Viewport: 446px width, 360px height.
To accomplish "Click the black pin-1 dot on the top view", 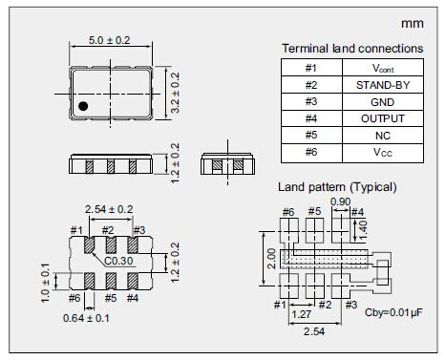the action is tap(83, 106).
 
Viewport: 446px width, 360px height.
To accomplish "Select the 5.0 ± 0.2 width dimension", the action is tap(110, 40).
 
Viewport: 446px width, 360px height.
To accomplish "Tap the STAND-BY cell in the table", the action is tap(383, 85).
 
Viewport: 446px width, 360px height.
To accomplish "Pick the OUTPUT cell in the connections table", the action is tap(383, 118).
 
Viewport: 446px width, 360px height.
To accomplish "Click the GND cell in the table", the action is tap(383, 102).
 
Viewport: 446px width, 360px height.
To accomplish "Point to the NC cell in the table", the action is tap(383, 136).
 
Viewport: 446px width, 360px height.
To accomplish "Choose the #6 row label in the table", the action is tap(311, 152).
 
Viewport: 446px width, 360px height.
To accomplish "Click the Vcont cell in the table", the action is tap(383, 68).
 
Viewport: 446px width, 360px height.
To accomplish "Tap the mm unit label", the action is tap(413, 24).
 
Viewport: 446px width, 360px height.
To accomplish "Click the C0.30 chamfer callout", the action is tap(118, 261).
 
